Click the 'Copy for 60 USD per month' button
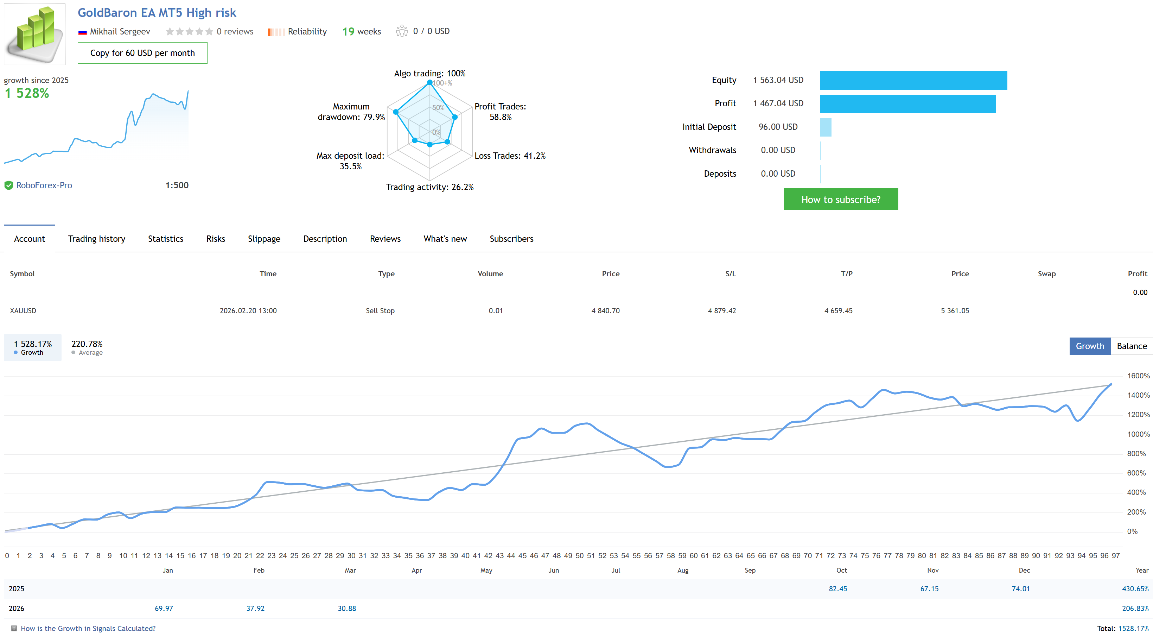tap(142, 53)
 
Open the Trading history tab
tap(96, 239)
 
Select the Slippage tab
tap(264, 239)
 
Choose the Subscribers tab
tap(511, 239)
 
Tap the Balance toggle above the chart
tap(1131, 346)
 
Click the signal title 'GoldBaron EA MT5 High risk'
tap(157, 13)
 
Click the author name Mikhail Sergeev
tap(120, 31)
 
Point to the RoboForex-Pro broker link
tap(44, 185)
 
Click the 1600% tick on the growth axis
tap(1138, 376)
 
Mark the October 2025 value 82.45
tap(837, 588)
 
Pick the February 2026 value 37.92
tap(255, 608)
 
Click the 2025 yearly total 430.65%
tap(1135, 588)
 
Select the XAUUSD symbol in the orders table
tap(23, 310)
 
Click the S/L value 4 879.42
tap(721, 310)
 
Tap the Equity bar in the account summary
tap(913, 80)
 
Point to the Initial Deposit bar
tap(826, 127)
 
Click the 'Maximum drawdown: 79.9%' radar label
tap(351, 112)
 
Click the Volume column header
tap(490, 274)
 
